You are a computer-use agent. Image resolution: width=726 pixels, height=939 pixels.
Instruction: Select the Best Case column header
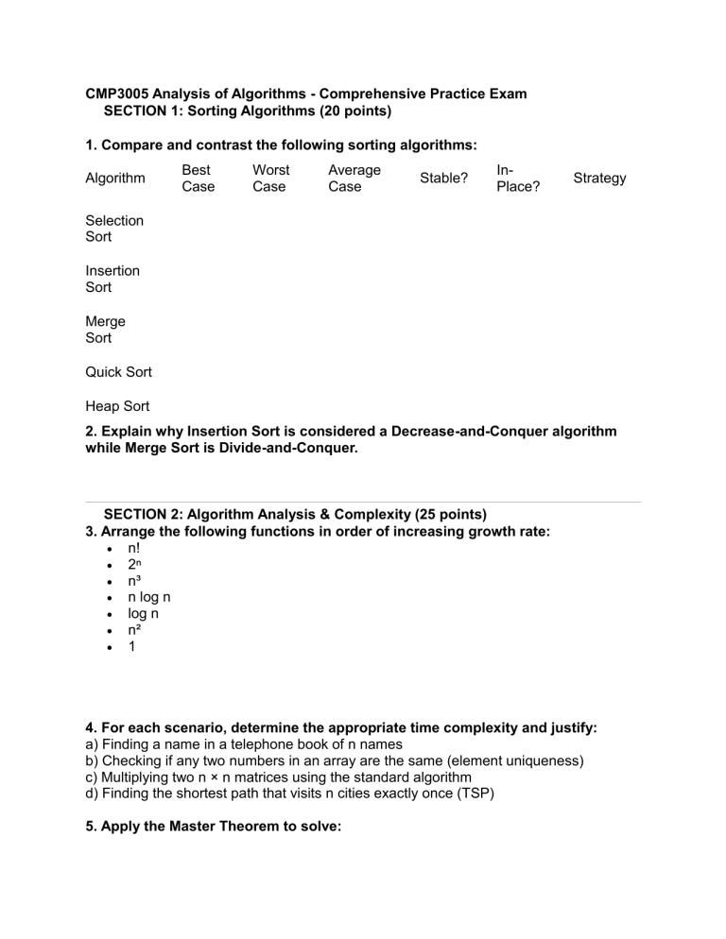point(198,178)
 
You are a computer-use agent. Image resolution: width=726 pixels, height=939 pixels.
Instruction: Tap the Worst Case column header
point(270,178)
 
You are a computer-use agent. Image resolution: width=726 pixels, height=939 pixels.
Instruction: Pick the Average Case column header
point(354,178)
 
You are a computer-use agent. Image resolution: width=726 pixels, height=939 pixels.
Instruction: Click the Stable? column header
point(443,178)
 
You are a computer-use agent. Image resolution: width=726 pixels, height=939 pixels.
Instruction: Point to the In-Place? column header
point(517,178)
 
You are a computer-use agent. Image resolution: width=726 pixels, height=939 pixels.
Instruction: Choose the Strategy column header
point(598,178)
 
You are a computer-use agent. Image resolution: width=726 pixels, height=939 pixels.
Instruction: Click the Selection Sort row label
point(114,229)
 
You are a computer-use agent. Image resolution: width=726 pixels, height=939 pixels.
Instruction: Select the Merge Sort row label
point(105,330)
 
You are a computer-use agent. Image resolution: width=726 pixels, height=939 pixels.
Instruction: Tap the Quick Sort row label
point(118,372)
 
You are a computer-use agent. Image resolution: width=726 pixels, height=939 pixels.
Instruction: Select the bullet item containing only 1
point(131,649)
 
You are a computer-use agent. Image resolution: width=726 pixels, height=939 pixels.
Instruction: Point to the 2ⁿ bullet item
point(135,564)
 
